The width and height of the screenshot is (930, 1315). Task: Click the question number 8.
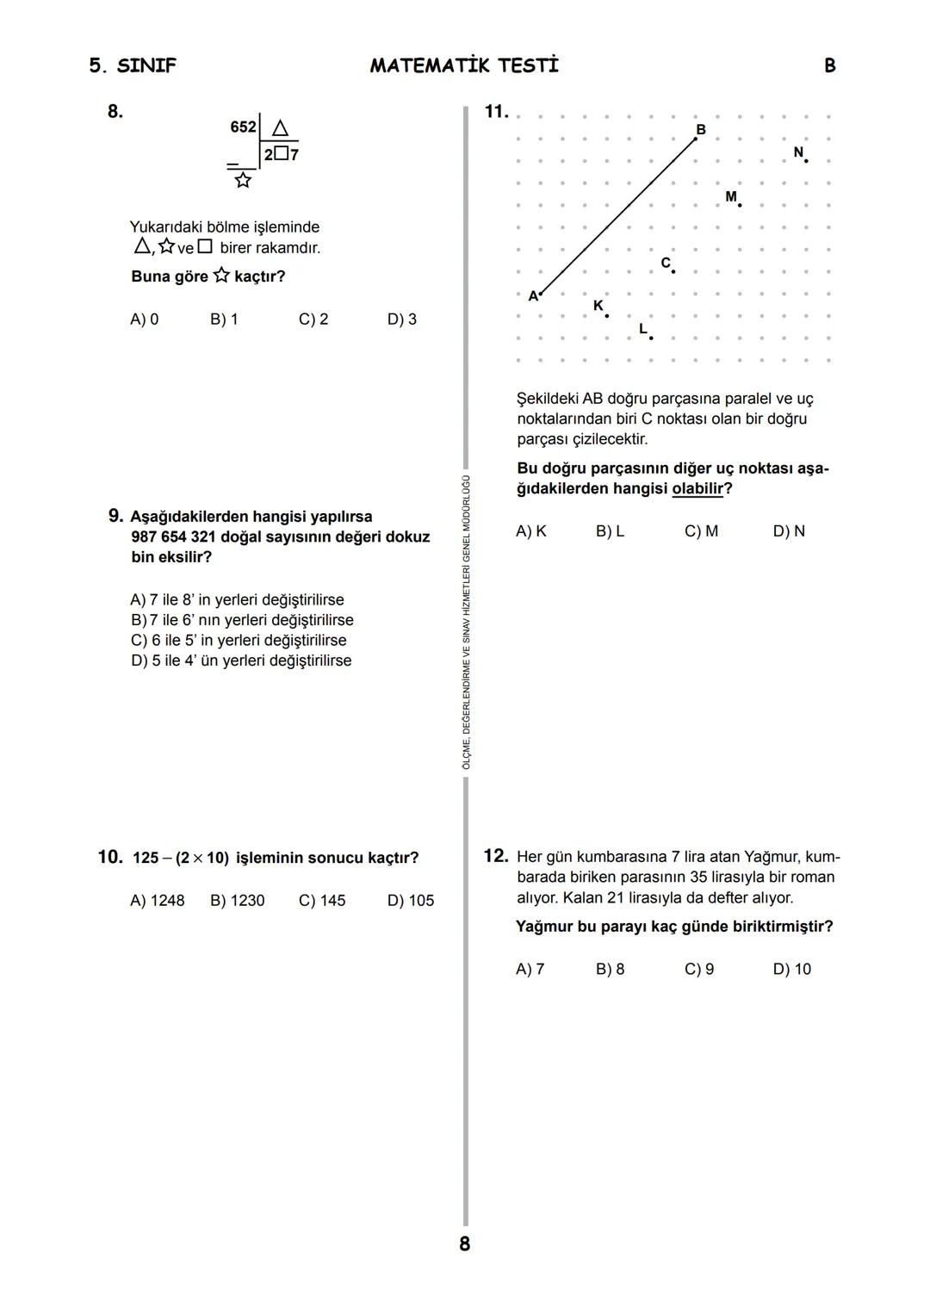[x=115, y=111]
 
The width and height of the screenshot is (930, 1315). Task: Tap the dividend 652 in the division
[x=243, y=127]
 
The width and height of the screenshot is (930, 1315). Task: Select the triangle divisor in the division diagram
[x=280, y=128]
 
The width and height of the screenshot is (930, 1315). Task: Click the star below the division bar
[x=243, y=180]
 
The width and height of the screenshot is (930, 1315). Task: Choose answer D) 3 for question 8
[x=401, y=319]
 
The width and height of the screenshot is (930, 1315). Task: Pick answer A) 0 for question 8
[x=144, y=319]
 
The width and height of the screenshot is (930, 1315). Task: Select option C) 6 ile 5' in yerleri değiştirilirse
[x=239, y=641]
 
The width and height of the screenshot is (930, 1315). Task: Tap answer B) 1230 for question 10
[x=237, y=901]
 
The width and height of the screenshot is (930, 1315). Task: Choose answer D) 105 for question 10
[x=410, y=901]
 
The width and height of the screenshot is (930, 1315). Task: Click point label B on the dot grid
[x=701, y=129]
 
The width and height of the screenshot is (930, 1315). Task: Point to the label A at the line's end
[x=533, y=296]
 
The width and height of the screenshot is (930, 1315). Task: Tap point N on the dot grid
[x=805, y=160]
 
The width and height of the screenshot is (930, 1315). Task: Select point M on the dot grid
[x=739, y=205]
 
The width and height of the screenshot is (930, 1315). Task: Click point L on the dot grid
[x=650, y=338]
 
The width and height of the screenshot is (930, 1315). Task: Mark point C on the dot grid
[x=673, y=271]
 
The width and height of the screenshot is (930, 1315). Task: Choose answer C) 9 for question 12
[x=698, y=970]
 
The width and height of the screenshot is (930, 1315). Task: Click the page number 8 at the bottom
[x=465, y=1244]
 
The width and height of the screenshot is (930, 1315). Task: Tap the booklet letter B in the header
[x=829, y=65]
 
